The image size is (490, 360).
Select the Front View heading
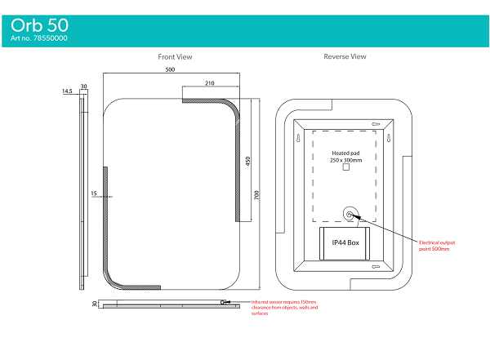click(175, 57)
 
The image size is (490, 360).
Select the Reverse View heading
click(345, 57)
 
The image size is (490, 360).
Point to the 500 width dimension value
click(170, 70)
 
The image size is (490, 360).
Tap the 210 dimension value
click(209, 83)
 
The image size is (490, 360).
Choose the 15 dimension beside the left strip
click(94, 193)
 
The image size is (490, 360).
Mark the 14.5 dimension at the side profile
click(67, 91)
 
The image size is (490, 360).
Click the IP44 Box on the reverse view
click(345, 242)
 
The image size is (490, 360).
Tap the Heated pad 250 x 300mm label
click(345, 157)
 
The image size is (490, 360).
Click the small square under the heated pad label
click(345, 177)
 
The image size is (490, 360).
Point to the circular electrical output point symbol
click(350, 215)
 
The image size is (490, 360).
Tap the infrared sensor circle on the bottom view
click(222, 303)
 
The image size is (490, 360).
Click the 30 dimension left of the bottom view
click(95, 304)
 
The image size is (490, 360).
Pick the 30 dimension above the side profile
click(83, 86)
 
